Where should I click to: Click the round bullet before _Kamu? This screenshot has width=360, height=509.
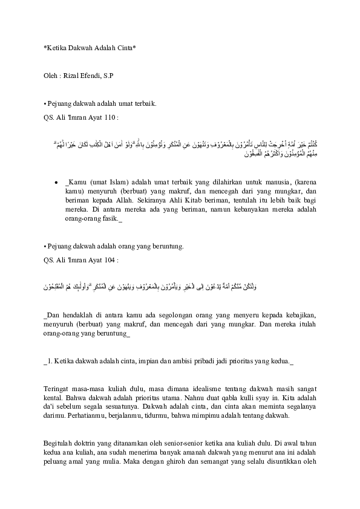tap(56, 181)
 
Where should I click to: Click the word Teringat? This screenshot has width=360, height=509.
tap(59, 387)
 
